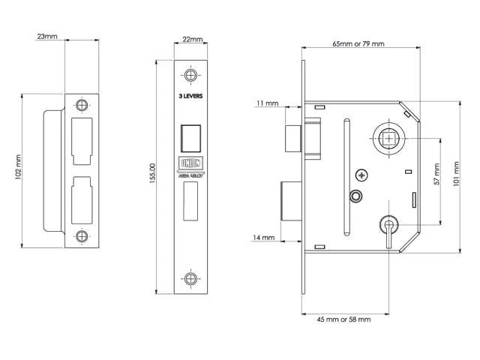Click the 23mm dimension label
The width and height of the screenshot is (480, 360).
pos(46,35)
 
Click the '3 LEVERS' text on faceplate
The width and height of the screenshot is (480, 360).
pos(192,97)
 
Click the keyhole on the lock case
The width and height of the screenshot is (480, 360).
pos(388,225)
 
